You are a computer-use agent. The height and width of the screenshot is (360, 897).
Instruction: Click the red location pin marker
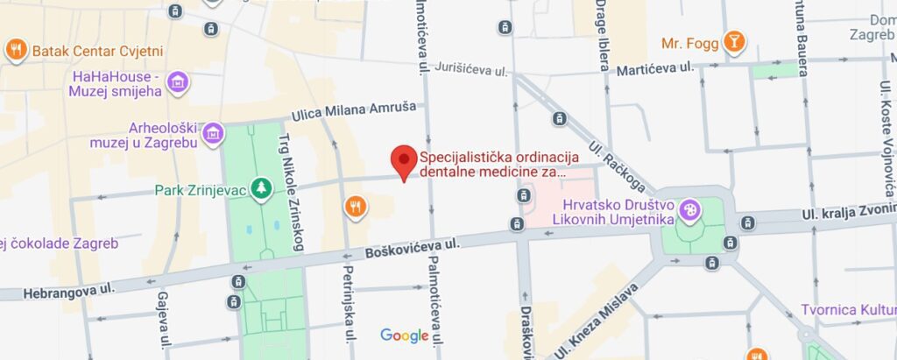pyautogui.click(x=403, y=160)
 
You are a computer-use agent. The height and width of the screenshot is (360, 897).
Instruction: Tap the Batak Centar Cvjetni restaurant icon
pyautogui.click(x=16, y=50)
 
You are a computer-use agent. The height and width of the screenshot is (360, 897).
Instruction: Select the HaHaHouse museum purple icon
pyautogui.click(x=178, y=82)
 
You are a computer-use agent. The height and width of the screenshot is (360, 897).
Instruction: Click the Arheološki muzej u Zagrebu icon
pyautogui.click(x=212, y=134)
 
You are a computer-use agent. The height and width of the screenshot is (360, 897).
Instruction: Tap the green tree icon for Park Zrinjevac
pyautogui.click(x=260, y=188)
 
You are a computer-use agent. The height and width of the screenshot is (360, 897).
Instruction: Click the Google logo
pyautogui.click(x=404, y=335)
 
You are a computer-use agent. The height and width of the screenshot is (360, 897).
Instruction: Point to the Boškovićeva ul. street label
pyautogui.click(x=413, y=248)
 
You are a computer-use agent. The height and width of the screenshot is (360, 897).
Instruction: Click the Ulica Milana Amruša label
pyautogui.click(x=357, y=116)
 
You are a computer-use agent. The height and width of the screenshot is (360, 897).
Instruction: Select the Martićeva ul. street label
pyautogui.click(x=654, y=67)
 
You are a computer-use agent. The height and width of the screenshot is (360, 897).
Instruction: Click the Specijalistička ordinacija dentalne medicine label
pyautogui.click(x=499, y=165)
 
